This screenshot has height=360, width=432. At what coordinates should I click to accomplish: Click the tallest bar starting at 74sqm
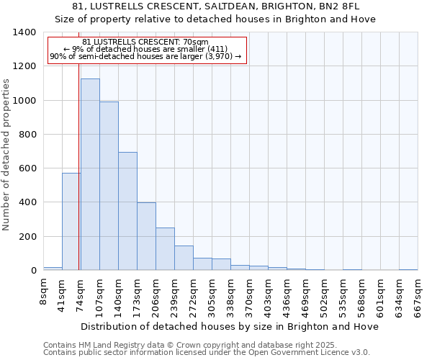(90, 174)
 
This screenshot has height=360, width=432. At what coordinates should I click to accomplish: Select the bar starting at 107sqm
(109, 186)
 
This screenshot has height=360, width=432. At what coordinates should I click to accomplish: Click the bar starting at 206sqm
(165, 249)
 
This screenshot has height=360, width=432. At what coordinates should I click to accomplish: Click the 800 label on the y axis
(27, 135)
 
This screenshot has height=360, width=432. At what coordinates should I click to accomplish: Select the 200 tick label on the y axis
(27, 237)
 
